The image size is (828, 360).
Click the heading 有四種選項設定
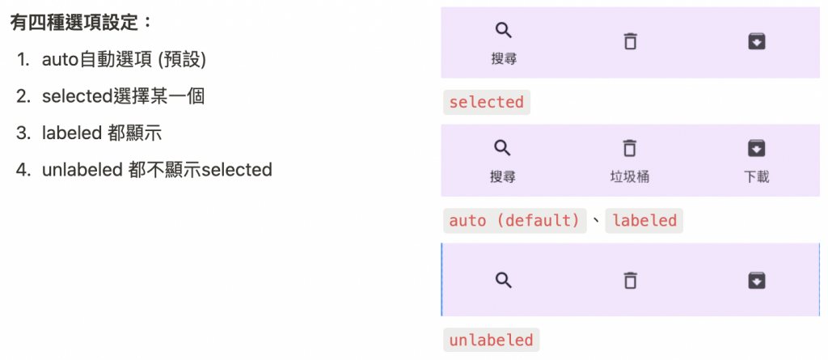coord(81,22)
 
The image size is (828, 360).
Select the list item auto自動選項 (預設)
coord(124,60)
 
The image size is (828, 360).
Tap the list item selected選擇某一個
coord(123,96)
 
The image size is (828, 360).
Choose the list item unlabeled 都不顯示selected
coord(157,169)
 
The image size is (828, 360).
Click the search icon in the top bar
coord(503,31)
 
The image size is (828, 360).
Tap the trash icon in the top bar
coord(630,40)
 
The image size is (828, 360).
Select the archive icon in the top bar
coord(756,40)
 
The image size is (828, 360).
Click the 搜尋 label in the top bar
coord(503,58)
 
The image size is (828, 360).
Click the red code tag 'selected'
coord(486,102)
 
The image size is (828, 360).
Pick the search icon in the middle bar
coord(503,148)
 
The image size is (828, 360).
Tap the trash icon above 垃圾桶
coord(630,148)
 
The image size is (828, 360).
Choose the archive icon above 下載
coord(756,148)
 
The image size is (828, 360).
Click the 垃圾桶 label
coord(630,176)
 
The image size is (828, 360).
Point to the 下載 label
coord(756,176)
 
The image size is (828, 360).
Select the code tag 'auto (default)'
coord(515,220)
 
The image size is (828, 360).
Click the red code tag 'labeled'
coord(644,220)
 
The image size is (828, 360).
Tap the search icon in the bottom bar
coord(503,280)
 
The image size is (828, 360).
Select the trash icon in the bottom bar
coord(630,280)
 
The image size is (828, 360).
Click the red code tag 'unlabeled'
coord(491,340)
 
